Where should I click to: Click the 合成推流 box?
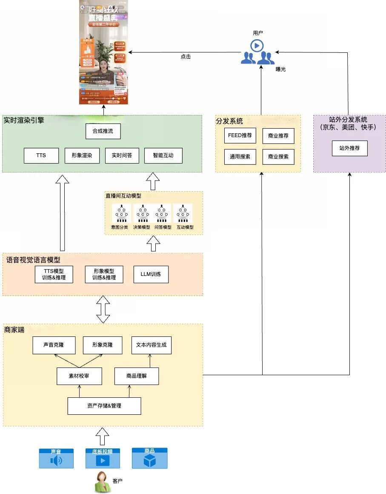(103, 131)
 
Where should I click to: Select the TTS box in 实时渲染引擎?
(41, 155)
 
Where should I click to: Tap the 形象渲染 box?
(82, 155)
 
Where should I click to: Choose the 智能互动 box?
(163, 155)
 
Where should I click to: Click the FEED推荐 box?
(240, 135)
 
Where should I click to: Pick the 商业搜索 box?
(278, 157)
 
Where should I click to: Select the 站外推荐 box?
(349, 148)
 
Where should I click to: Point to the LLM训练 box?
(151, 274)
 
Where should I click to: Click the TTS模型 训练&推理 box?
(54, 275)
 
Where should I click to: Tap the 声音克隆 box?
(54, 345)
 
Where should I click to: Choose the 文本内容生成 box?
(151, 345)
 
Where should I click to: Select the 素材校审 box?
(79, 376)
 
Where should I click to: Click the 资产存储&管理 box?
(104, 406)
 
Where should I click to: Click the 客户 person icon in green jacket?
(102, 482)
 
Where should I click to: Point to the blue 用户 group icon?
(257, 52)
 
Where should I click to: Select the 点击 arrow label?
(186, 57)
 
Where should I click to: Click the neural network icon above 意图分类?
(122, 214)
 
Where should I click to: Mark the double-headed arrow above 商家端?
(103, 309)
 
